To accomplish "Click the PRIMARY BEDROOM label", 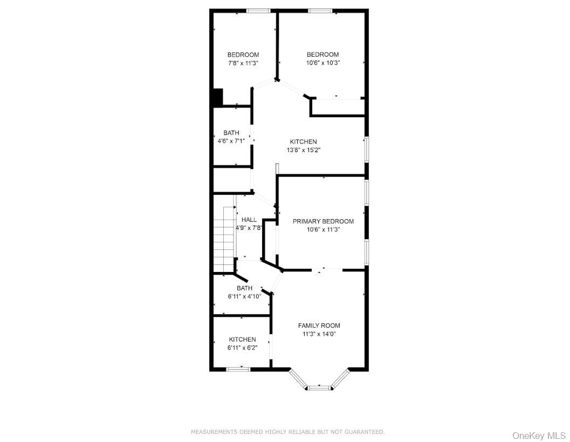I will (x=323, y=221).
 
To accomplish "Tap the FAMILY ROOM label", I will (x=319, y=325).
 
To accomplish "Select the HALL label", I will (x=249, y=220).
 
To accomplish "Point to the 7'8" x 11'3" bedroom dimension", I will (x=243, y=63).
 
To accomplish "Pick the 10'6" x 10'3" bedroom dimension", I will (x=322, y=63).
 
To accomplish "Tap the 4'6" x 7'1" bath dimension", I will (x=231, y=141).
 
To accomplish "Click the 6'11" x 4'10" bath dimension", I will (x=244, y=296).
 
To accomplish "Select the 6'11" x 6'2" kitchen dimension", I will (x=242, y=348).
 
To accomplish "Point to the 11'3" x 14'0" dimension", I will (x=319, y=334).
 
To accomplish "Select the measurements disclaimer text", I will (x=288, y=432).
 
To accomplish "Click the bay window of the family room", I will (x=319, y=386).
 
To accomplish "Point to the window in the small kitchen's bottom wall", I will (x=238, y=369).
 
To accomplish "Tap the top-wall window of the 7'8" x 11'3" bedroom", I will (x=258, y=10).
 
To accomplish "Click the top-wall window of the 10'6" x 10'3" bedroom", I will (x=320, y=10).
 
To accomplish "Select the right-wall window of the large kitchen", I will (x=367, y=149).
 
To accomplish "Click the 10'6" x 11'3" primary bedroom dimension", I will (x=323, y=229).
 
